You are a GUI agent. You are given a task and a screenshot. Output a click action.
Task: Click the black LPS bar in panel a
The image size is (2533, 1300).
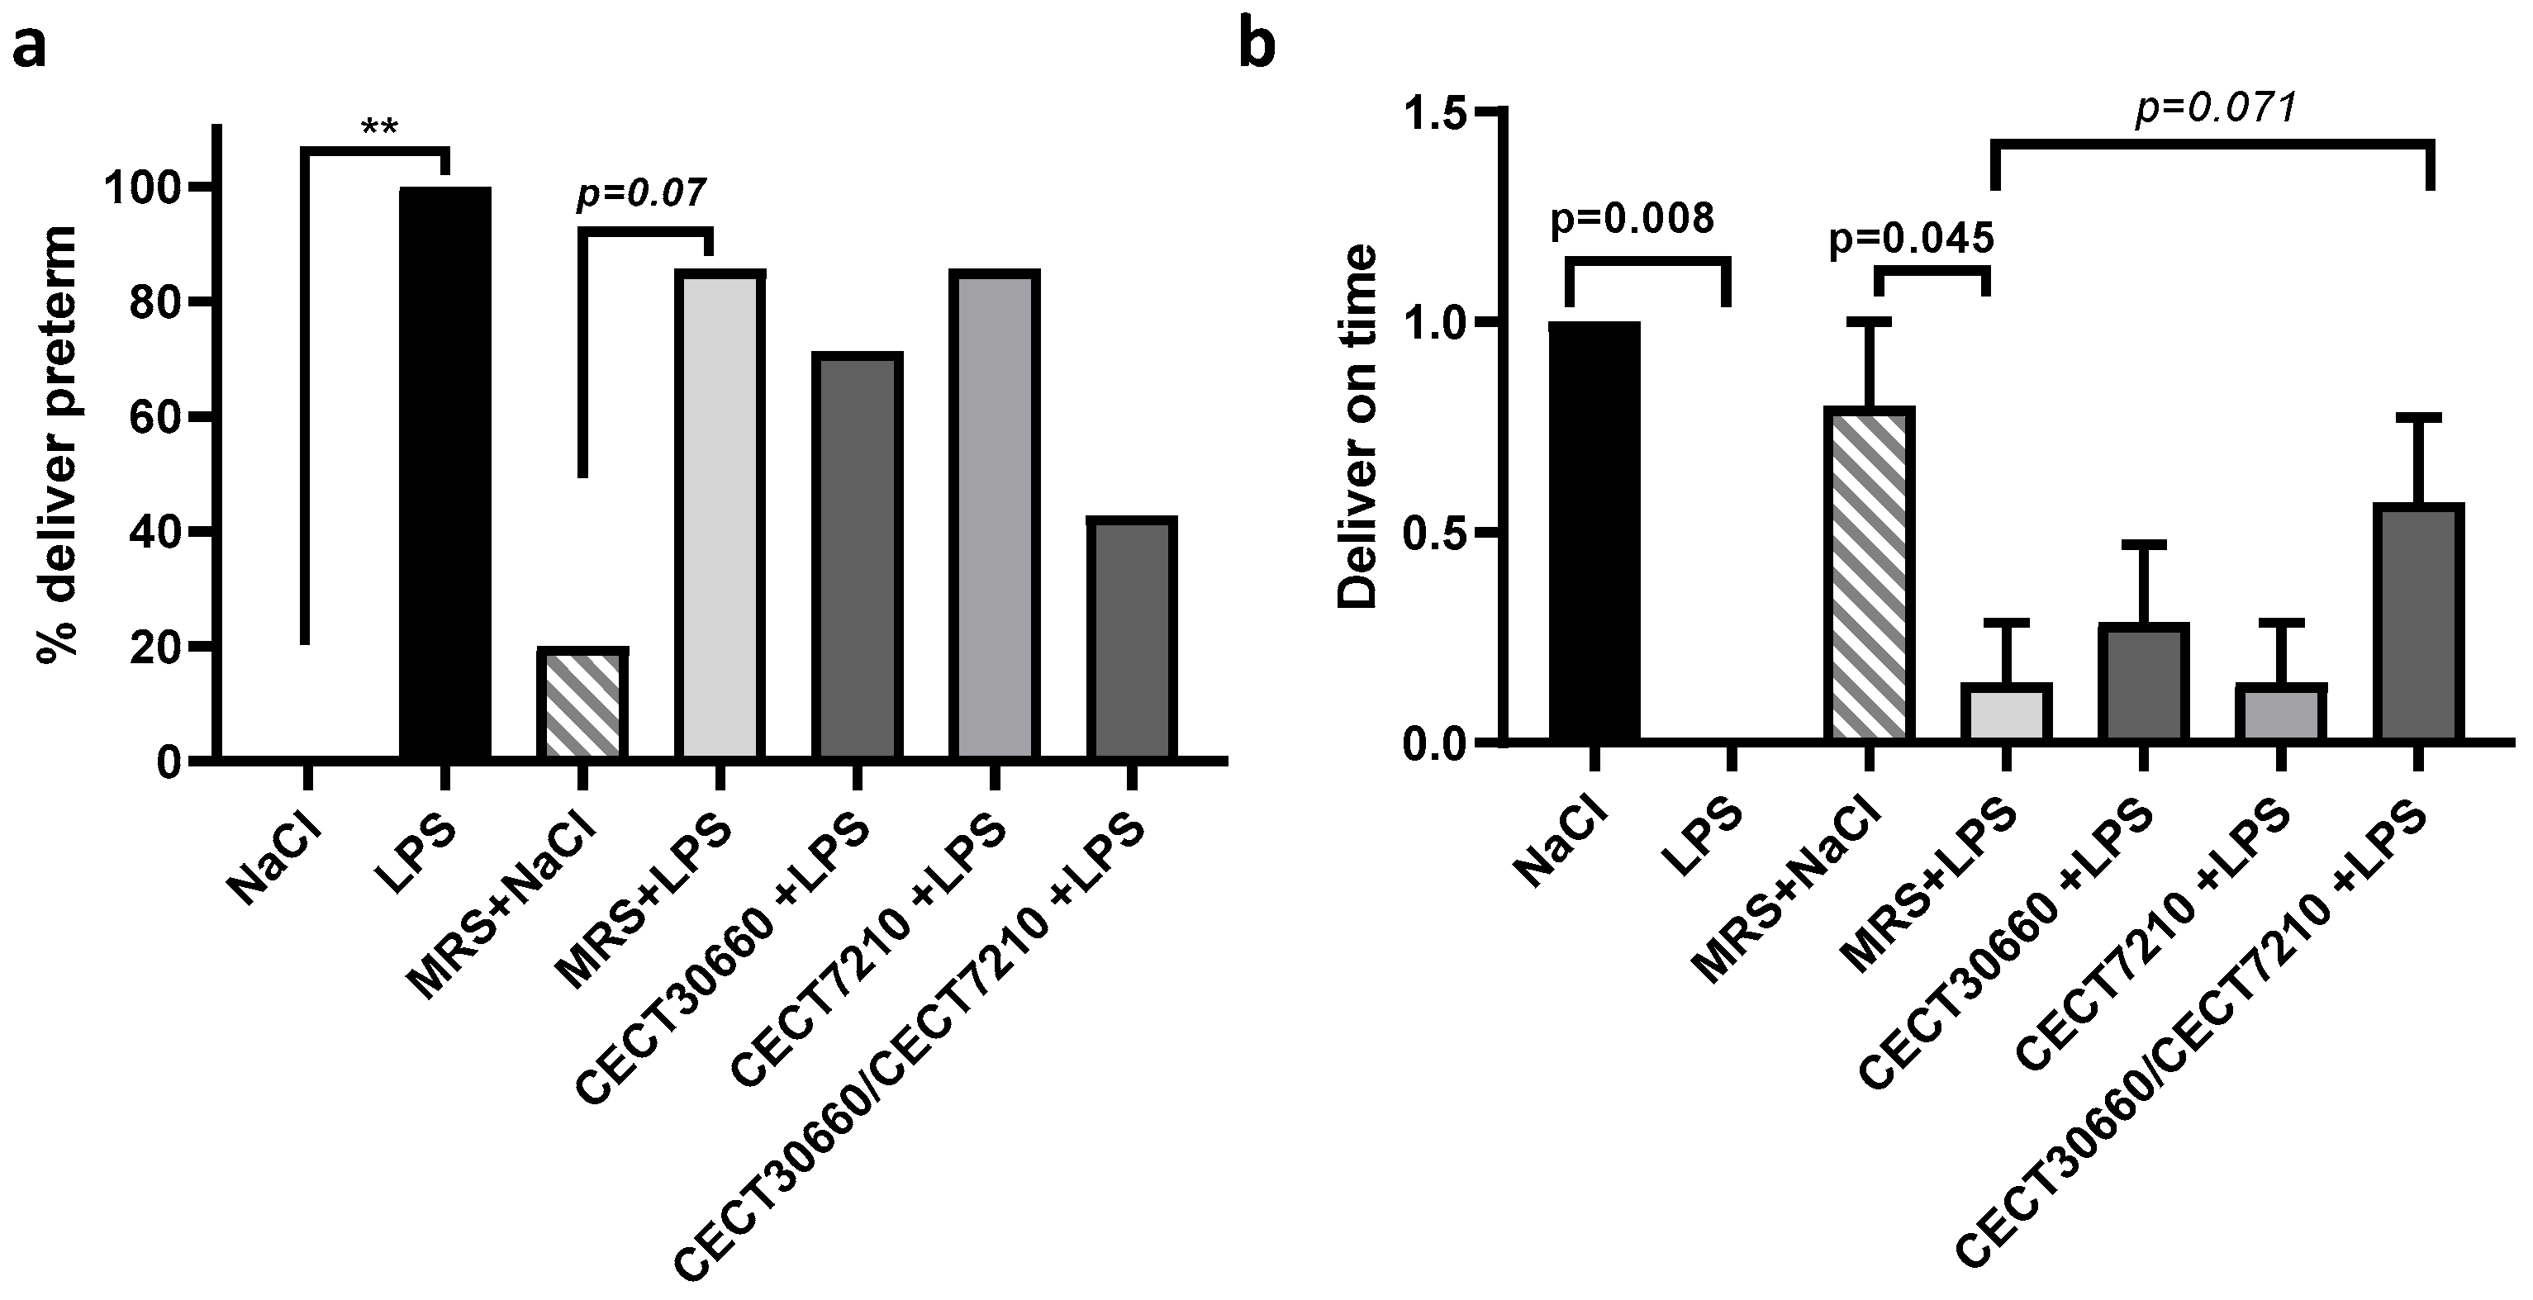click(x=444, y=472)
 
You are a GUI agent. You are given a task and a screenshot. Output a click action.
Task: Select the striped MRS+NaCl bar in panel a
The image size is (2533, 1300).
click(x=582, y=704)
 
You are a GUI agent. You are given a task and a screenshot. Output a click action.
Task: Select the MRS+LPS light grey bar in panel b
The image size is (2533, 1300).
click(x=2006, y=712)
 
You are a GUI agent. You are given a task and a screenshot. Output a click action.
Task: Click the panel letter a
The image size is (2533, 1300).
click(x=30, y=47)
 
